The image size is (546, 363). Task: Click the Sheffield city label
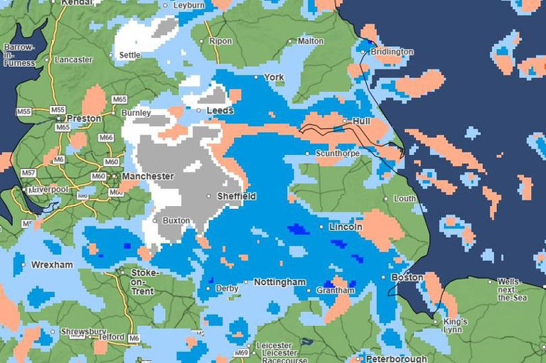[237, 196]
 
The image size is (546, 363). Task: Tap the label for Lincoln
[346, 227]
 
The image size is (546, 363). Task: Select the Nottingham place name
[279, 283]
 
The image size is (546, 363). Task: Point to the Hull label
[362, 121]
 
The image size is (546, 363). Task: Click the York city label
[274, 77]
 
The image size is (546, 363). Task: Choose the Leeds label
[220, 111]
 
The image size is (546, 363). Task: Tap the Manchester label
[147, 176]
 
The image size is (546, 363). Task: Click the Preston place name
[84, 119]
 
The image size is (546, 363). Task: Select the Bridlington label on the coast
[392, 52]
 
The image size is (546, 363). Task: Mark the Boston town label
[407, 278]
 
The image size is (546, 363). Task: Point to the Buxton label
[176, 221]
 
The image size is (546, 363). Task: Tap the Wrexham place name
[52, 265]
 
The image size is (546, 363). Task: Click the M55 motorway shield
[24, 112]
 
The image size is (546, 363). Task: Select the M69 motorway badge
[242, 353]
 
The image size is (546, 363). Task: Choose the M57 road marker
[28, 173]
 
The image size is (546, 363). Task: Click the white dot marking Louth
[386, 199]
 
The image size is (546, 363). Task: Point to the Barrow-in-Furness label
[18, 55]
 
